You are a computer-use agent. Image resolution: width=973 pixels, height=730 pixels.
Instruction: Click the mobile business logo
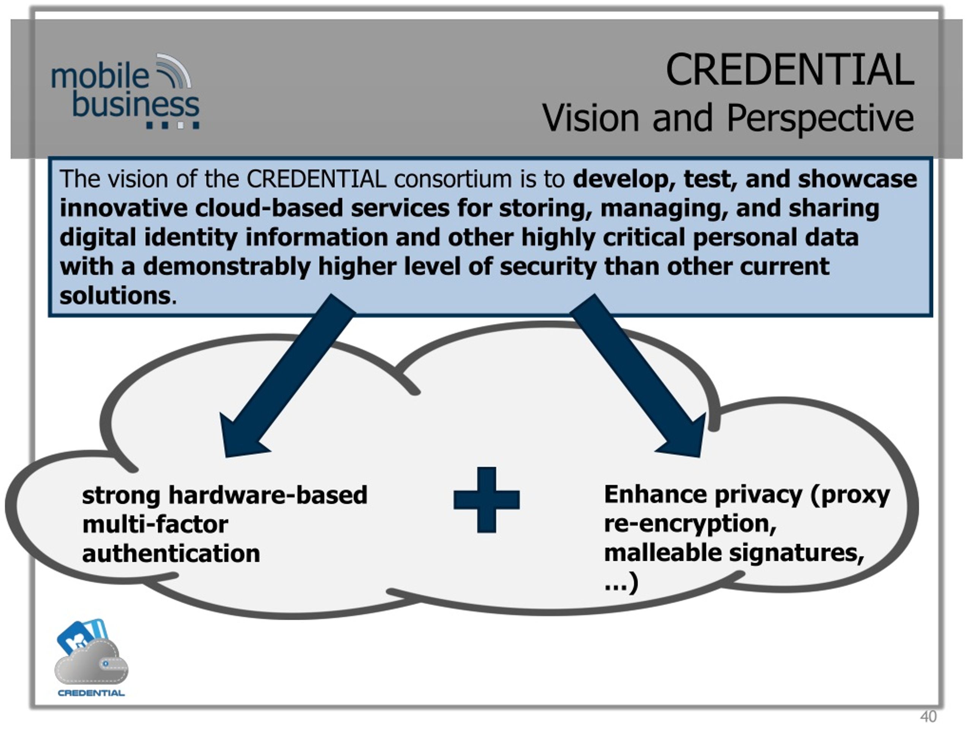point(125,92)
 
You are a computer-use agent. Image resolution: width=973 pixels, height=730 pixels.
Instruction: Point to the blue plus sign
point(486,500)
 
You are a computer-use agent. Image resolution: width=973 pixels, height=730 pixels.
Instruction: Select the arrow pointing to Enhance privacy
point(638,375)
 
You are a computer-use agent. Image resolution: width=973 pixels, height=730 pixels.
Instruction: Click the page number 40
point(928,717)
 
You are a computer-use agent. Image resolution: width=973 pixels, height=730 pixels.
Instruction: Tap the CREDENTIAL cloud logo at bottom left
point(91,657)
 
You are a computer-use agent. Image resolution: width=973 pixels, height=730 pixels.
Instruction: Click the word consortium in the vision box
point(453,179)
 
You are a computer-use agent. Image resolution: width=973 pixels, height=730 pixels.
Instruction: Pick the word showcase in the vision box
point(857,179)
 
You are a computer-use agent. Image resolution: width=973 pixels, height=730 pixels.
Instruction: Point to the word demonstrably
point(227,267)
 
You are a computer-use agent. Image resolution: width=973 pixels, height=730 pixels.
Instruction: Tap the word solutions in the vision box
point(115,296)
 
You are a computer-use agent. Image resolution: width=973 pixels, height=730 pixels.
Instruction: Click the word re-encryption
point(690,524)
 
